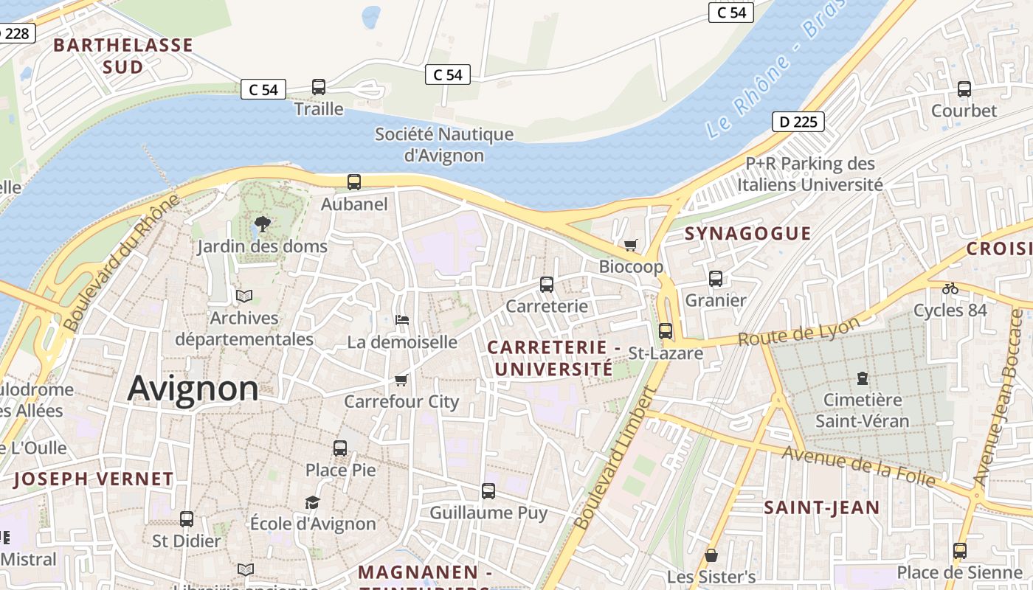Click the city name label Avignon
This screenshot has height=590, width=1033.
(x=193, y=389)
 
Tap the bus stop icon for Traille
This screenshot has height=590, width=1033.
(x=319, y=87)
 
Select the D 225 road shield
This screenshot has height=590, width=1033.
(x=798, y=122)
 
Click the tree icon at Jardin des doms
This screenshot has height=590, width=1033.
(x=262, y=223)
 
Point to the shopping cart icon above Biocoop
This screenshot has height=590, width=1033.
(x=630, y=244)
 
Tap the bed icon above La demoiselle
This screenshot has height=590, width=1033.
(x=402, y=320)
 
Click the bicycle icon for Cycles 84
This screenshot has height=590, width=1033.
(x=950, y=288)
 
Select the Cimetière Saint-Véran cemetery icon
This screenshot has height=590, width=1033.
(x=862, y=378)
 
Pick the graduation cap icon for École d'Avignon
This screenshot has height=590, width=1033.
(x=312, y=502)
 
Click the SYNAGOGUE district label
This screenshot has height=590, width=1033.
(x=747, y=234)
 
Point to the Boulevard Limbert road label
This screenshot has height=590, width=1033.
(x=614, y=461)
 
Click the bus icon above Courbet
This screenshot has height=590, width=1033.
(x=964, y=89)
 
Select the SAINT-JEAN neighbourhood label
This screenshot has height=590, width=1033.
(x=821, y=507)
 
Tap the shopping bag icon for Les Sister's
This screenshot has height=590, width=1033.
(x=711, y=555)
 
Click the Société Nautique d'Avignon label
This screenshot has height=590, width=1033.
(x=444, y=145)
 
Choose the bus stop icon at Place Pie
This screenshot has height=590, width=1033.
(x=340, y=448)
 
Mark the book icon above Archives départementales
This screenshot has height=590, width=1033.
(x=244, y=296)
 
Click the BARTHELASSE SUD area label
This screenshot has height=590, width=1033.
(x=123, y=56)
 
